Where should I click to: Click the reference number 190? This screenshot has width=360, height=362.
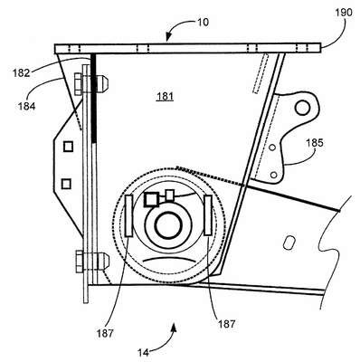tap(344, 13)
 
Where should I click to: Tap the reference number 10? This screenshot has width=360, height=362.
tap(203, 22)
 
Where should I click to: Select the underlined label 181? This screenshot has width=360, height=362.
tap(166, 97)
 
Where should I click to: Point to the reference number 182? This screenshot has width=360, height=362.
tap(21, 73)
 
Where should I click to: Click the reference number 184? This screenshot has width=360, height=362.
tap(26, 106)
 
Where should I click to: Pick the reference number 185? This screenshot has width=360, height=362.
tap(315, 142)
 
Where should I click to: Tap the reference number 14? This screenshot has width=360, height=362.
tap(144, 352)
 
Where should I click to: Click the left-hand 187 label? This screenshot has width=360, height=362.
tap(105, 333)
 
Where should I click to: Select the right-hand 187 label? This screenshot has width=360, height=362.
tap(226, 324)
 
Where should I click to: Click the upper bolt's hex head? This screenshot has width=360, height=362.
tap(78, 84)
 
